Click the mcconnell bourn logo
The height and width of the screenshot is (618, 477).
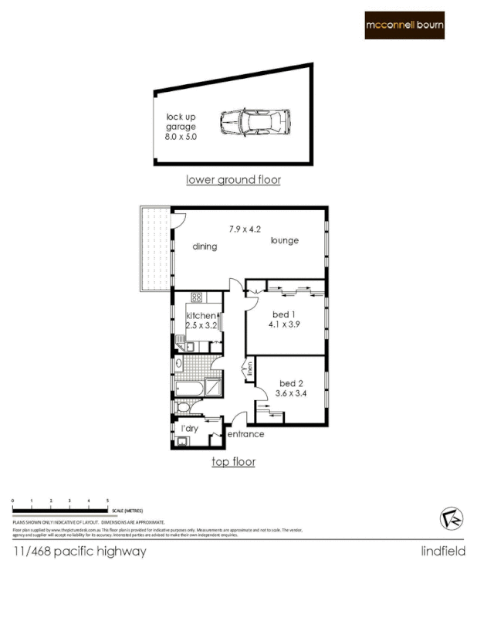(x=404, y=25)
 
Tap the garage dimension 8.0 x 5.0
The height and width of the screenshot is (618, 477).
(x=181, y=136)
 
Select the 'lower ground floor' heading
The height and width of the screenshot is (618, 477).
(x=233, y=180)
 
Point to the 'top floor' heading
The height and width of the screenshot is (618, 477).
(x=233, y=462)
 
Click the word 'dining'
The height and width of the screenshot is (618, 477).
(x=205, y=247)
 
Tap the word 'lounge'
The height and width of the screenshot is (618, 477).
(x=284, y=241)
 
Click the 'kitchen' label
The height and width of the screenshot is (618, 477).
(x=201, y=315)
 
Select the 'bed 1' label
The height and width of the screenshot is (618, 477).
(x=282, y=314)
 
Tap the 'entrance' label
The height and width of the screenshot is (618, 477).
(x=245, y=434)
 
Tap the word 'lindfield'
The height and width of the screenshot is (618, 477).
(x=442, y=552)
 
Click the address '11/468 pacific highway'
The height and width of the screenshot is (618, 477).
(x=79, y=552)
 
